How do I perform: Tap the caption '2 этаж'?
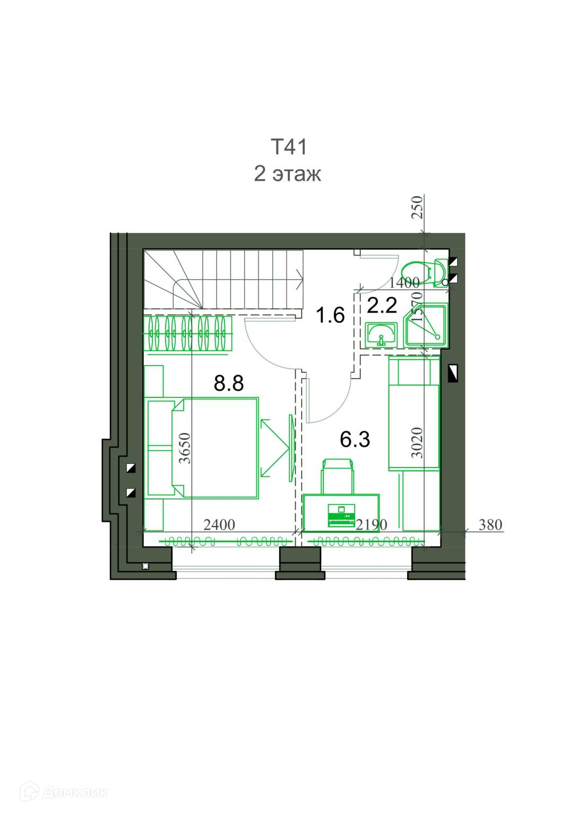(x=287, y=174)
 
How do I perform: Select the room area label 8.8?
(x=229, y=383)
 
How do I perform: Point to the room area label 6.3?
(x=355, y=439)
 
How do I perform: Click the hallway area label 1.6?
(x=330, y=315)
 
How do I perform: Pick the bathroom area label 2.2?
(x=382, y=305)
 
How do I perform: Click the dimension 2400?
(x=219, y=525)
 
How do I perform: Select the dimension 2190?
(x=372, y=525)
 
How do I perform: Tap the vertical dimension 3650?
(x=185, y=448)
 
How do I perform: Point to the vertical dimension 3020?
(x=417, y=443)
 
